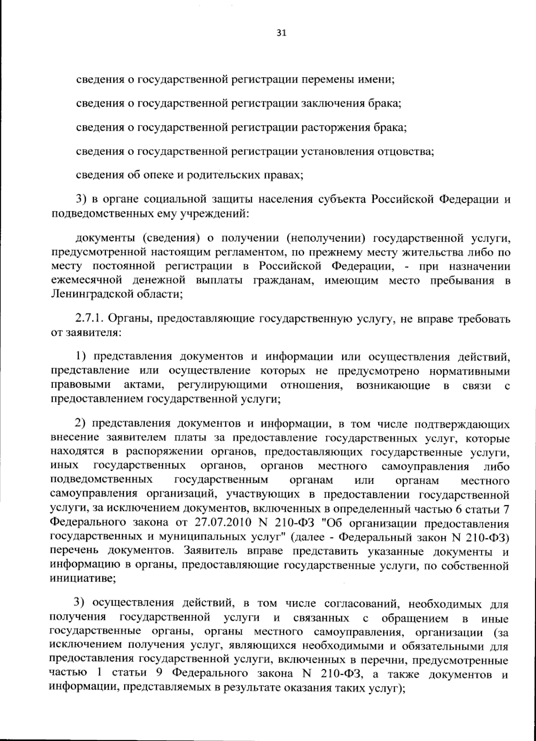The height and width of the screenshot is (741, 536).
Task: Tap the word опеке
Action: pos(158,175)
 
